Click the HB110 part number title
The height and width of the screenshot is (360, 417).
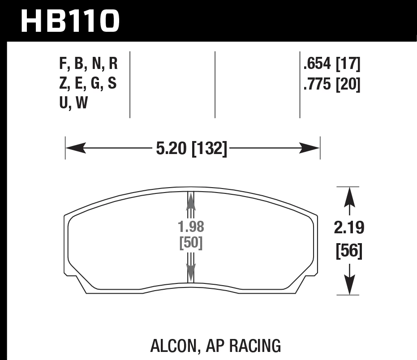[70, 21]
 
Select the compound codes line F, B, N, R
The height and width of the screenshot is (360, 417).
[88, 64]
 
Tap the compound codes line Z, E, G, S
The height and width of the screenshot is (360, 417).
[88, 84]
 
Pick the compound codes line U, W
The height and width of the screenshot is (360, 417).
[73, 103]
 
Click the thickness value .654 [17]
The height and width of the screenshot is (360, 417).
[332, 64]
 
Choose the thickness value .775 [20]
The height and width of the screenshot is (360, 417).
[332, 84]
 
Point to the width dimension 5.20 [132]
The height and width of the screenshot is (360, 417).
[192, 148]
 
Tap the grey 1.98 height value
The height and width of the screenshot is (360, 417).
[191, 227]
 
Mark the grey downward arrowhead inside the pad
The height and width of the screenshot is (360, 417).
[191, 273]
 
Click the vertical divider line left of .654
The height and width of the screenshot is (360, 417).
[300, 85]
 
